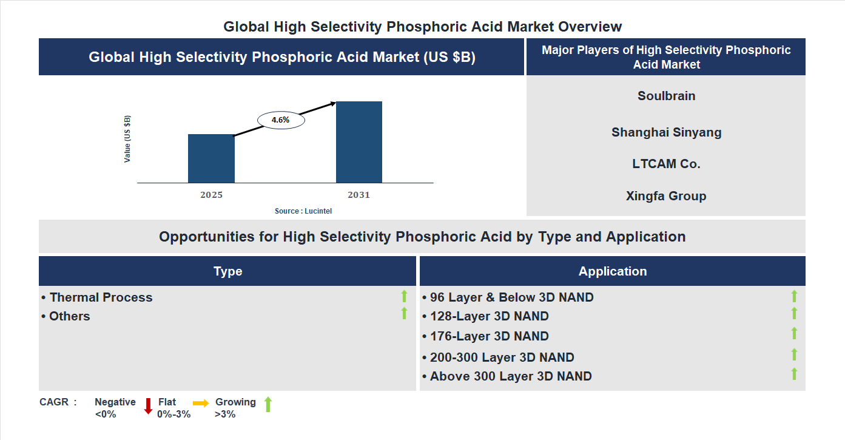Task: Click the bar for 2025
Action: point(211,158)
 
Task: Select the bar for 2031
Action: point(359,142)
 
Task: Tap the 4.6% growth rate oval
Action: point(281,120)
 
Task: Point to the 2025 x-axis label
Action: point(211,195)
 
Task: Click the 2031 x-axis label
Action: point(359,195)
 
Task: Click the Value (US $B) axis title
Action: point(127,138)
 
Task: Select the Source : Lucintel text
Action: point(303,211)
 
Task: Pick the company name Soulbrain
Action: point(666,96)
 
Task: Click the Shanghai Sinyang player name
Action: point(666,132)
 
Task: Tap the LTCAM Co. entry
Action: point(666,164)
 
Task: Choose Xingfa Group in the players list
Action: point(666,196)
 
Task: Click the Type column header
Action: point(227,271)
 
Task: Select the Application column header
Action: point(612,271)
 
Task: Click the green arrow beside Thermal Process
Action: point(404,296)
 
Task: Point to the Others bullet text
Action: point(69,316)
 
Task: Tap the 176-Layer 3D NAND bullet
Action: point(489,336)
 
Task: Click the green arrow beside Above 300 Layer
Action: point(794,374)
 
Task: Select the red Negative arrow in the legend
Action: point(148,406)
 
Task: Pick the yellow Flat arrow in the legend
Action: point(201,403)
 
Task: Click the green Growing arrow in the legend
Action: point(268,404)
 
